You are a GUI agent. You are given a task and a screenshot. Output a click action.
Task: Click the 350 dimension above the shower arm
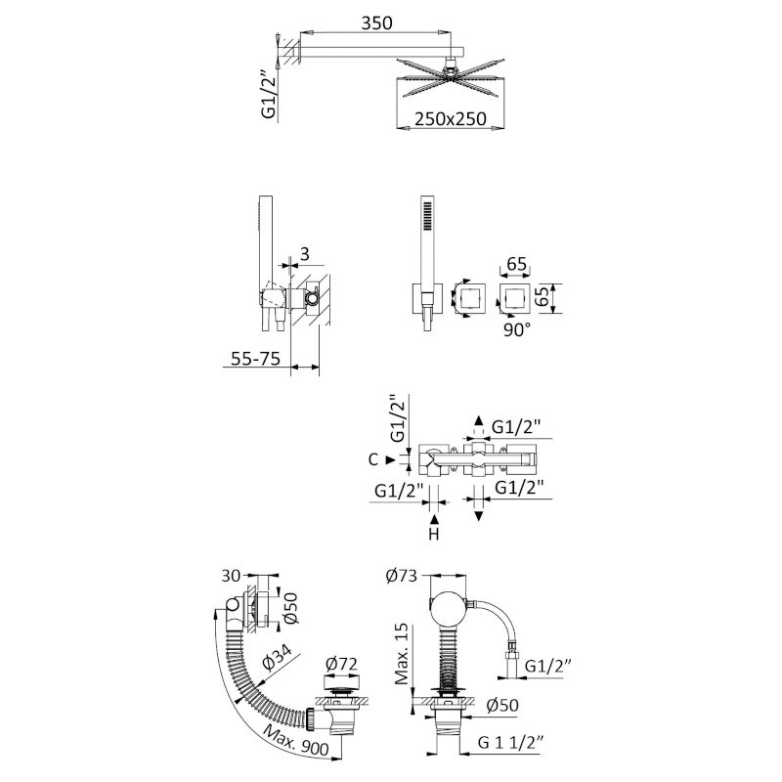click(376, 22)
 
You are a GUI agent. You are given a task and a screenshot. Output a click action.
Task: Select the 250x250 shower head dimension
click(451, 118)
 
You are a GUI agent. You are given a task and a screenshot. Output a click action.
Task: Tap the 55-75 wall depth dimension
click(255, 358)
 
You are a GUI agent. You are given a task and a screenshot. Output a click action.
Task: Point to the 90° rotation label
click(516, 329)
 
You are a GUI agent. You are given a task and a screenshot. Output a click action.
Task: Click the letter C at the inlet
click(373, 459)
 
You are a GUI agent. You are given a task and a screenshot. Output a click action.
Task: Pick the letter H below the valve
click(434, 534)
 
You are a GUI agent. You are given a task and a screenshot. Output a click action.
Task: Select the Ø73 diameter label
click(401, 576)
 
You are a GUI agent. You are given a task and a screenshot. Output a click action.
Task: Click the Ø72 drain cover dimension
click(341, 664)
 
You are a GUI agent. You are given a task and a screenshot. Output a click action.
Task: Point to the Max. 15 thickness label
click(402, 653)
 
